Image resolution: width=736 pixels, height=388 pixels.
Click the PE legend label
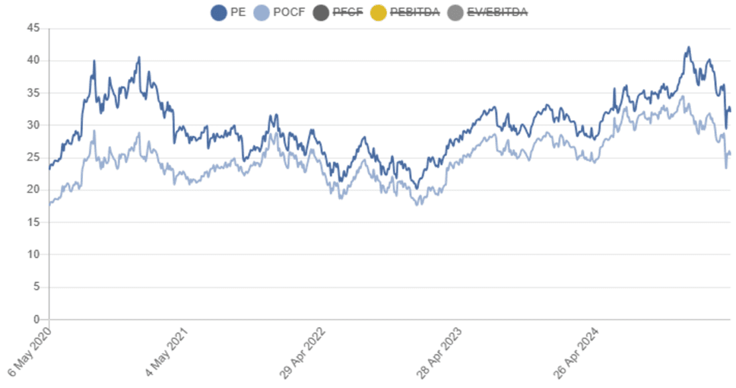pos(237,12)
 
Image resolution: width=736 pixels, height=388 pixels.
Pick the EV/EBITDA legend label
pos(498,12)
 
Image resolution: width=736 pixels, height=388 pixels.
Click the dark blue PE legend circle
pos(218,12)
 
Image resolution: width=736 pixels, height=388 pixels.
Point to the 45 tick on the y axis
pos(34,29)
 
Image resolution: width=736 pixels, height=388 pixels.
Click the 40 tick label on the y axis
pos(34,61)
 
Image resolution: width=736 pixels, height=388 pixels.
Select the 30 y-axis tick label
pos(34,125)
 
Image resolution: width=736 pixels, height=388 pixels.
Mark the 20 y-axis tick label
pos(34,190)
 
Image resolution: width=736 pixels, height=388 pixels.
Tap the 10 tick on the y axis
pos(34,255)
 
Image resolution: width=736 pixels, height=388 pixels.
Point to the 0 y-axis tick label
pos(37,320)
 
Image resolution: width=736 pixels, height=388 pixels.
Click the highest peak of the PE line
pos(689,47)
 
